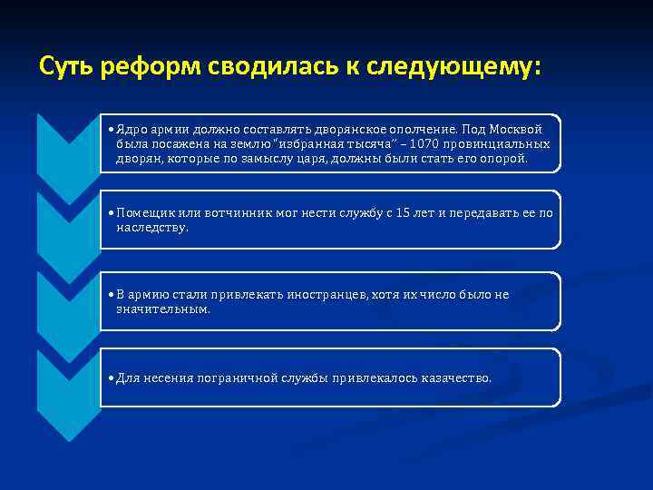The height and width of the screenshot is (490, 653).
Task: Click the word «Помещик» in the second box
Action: tap(143, 213)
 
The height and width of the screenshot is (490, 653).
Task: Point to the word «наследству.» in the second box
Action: tap(151, 228)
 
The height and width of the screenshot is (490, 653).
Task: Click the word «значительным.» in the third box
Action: tap(161, 309)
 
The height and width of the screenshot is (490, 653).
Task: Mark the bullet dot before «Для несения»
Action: tap(110, 377)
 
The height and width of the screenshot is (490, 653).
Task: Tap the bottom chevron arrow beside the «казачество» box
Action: tap(67, 390)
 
